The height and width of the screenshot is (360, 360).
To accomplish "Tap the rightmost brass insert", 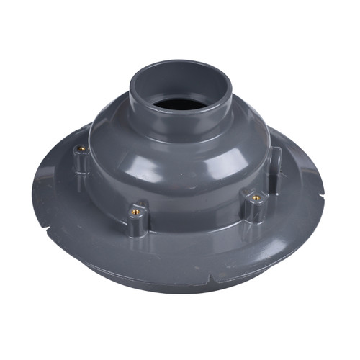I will tap(256, 196).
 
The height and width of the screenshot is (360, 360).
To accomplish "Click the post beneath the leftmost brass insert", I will tap(82, 163).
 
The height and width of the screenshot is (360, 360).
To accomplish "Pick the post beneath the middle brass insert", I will tap(138, 225).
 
